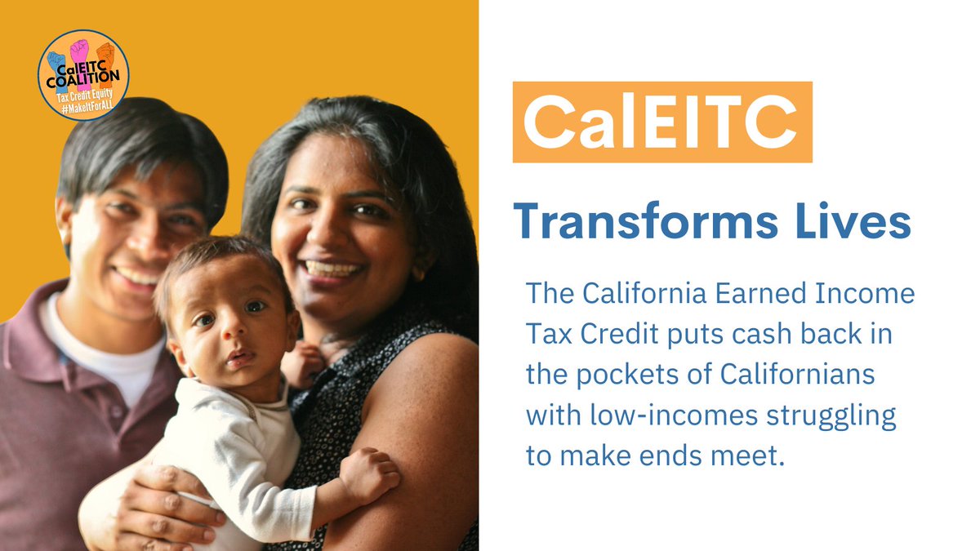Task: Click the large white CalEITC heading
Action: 661,122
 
